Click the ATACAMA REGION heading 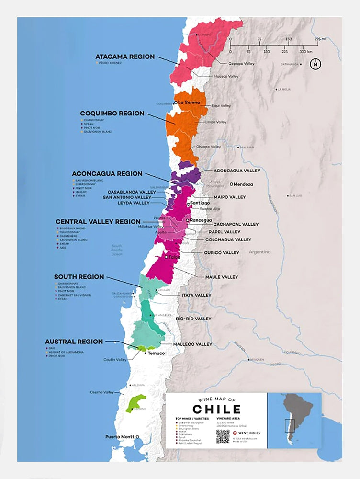click(125, 57)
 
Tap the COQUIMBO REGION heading click(112, 114)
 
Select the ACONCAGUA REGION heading click(107, 173)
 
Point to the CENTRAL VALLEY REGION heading click(98, 222)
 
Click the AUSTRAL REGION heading click(74, 342)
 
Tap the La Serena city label click(190, 103)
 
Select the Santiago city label click(200, 203)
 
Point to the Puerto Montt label click(120, 437)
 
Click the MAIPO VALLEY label click(229, 197)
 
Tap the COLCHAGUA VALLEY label click(228, 239)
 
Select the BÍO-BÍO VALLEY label click(193, 319)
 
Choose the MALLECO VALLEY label click(192, 344)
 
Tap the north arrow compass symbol click(315, 64)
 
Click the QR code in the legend click(223, 436)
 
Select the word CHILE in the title click(216, 409)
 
